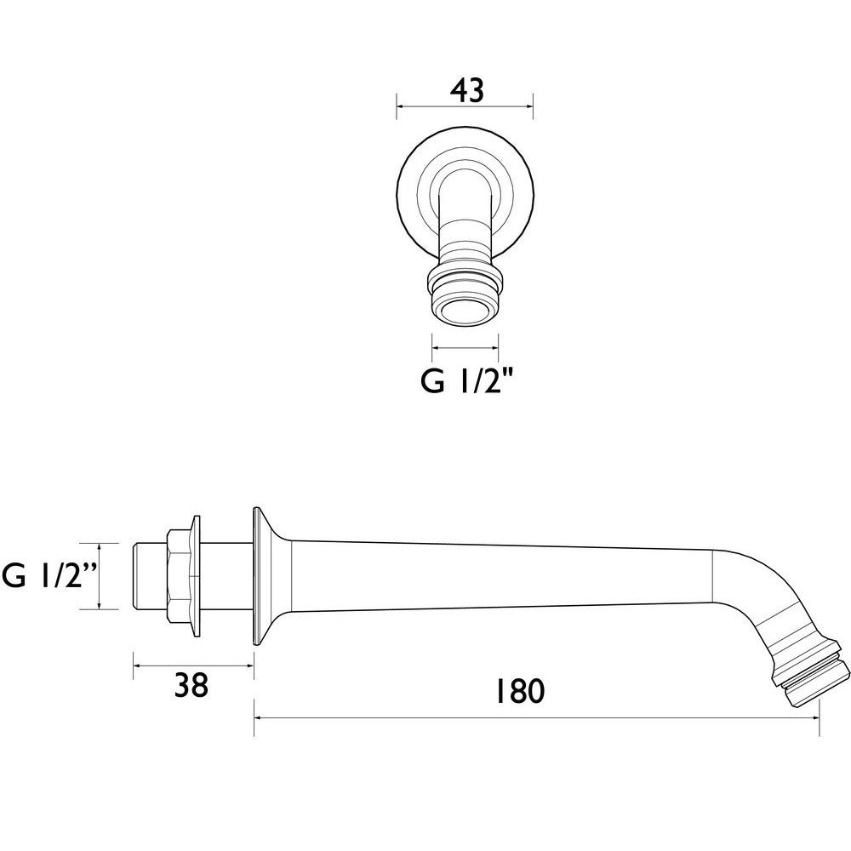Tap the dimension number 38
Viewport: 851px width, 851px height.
point(193,685)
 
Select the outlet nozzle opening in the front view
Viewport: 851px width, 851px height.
point(465,310)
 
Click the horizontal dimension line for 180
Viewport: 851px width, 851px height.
point(536,717)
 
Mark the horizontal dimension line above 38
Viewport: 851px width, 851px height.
point(193,665)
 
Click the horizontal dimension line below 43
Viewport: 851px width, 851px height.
point(465,107)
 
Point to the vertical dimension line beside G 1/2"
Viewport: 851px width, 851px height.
point(100,576)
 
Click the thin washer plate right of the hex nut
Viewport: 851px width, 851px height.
point(197,576)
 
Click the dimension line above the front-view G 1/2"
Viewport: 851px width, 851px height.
point(465,346)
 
